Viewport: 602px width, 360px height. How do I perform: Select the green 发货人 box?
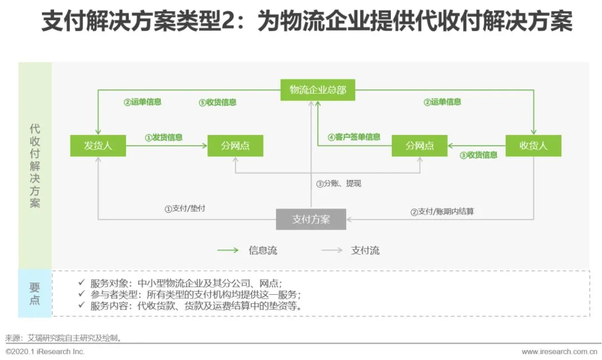click(98, 146)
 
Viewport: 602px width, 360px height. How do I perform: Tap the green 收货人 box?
click(533, 146)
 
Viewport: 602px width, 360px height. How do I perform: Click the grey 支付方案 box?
click(311, 219)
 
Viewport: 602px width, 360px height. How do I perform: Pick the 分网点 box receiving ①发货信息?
click(235, 146)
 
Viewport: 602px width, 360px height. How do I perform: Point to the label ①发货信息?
click(164, 137)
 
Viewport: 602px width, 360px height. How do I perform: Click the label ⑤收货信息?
click(217, 103)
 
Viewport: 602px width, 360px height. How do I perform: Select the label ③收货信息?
click(478, 155)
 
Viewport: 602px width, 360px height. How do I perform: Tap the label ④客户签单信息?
click(354, 137)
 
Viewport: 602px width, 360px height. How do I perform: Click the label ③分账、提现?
click(338, 183)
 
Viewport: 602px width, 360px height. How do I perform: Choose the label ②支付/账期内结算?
click(442, 212)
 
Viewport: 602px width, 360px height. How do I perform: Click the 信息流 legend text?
click(263, 250)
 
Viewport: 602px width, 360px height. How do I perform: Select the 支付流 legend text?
click(365, 250)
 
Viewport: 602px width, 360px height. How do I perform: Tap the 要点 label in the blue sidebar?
click(35, 294)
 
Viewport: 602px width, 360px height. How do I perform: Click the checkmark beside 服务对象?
click(81, 283)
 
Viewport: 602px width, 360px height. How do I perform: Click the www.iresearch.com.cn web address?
click(559, 352)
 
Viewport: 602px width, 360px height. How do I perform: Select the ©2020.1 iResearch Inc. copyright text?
click(45, 352)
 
